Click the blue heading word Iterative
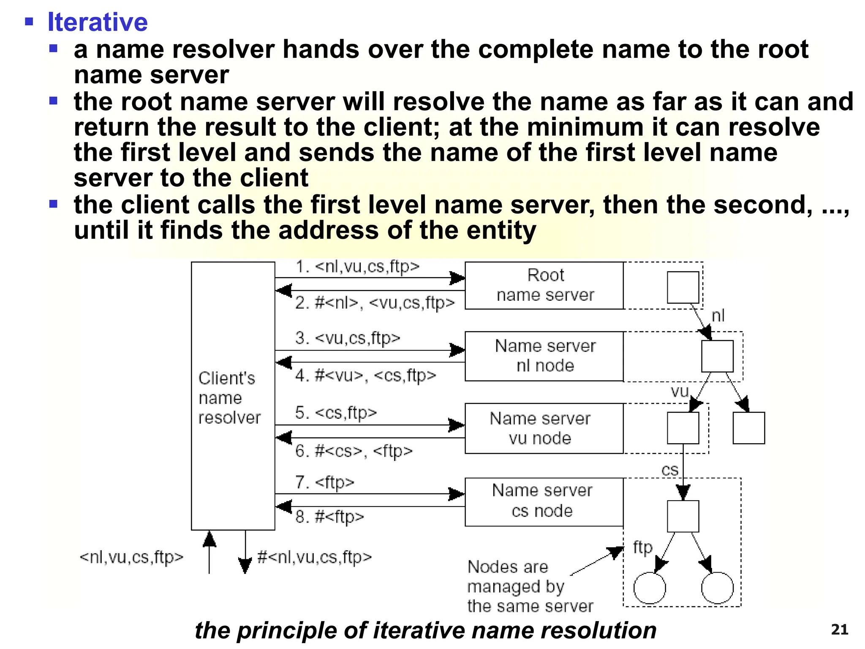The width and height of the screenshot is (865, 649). pyautogui.click(x=98, y=22)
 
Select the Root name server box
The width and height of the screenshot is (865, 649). pyautogui.click(x=544, y=285)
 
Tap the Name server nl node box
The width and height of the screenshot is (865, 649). pyautogui.click(x=544, y=356)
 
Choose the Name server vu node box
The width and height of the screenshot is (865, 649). pyautogui.click(x=544, y=428)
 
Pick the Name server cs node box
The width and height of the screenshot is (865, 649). pyautogui.click(x=544, y=502)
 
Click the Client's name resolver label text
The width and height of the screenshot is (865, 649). pyautogui.click(x=228, y=398)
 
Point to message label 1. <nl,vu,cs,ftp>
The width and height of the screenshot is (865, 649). pyautogui.click(x=357, y=267)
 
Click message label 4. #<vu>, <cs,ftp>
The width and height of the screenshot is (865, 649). pyautogui.click(x=365, y=375)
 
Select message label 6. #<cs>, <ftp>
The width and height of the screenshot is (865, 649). pyautogui.click(x=354, y=451)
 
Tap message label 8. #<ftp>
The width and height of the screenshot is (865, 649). pyautogui.click(x=329, y=516)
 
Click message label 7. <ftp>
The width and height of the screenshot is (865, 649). pyautogui.click(x=324, y=482)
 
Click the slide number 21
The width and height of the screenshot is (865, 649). pyautogui.click(x=839, y=630)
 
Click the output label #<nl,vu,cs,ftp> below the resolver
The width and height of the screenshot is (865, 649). pyautogui.click(x=315, y=557)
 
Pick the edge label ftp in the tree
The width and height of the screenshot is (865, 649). pyautogui.click(x=642, y=548)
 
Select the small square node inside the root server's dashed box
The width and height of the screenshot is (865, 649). pyautogui.click(x=683, y=287)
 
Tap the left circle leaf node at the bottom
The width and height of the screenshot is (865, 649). pyautogui.click(x=650, y=588)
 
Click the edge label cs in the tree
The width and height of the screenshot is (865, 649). pyautogui.click(x=670, y=470)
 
